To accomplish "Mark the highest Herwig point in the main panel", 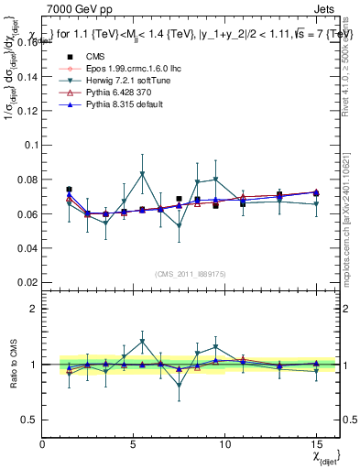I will (x=142, y=174).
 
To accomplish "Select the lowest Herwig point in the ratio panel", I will (x=179, y=386).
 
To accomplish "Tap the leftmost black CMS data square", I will (x=70, y=190).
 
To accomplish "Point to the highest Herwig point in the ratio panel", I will (x=142, y=342).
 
